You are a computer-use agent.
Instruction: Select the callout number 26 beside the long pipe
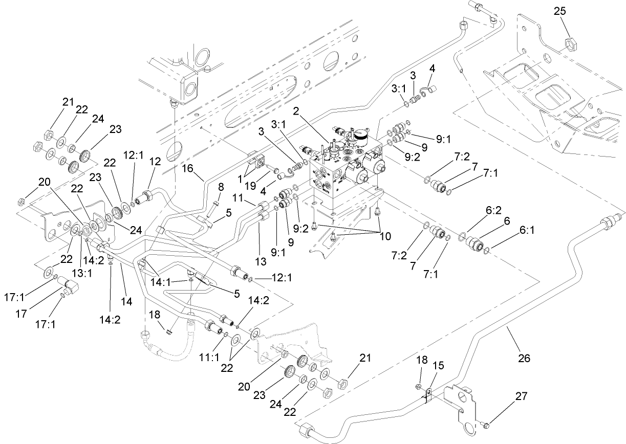pos(523,359)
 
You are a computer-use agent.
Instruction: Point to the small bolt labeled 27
pos(486,425)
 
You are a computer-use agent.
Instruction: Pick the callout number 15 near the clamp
pos(439,367)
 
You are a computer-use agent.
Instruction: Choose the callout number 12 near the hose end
pos(155,162)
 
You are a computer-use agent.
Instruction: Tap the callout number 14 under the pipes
pos(126,302)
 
